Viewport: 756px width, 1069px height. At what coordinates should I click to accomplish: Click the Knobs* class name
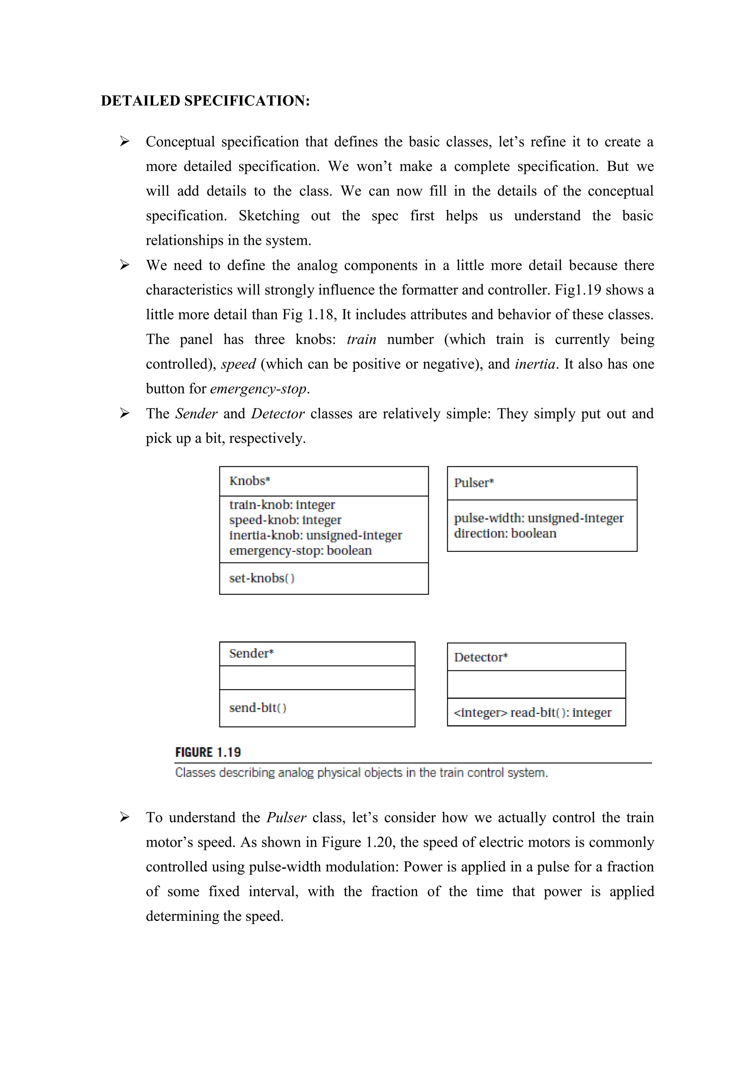pyautogui.click(x=250, y=481)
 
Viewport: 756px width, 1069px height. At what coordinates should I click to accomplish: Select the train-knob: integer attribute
pyautogui.click(x=282, y=505)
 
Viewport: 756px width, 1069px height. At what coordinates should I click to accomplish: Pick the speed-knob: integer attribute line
pyautogui.click(x=285, y=520)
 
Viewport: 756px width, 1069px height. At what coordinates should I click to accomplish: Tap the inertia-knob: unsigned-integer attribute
pyautogui.click(x=315, y=536)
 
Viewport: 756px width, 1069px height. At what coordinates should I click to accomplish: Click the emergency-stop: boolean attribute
pyautogui.click(x=300, y=551)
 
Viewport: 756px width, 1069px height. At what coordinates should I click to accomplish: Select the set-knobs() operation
pyautogui.click(x=262, y=578)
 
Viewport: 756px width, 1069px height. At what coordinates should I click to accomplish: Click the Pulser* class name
pyautogui.click(x=474, y=483)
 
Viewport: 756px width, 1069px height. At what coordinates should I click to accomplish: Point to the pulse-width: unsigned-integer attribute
pyautogui.click(x=538, y=518)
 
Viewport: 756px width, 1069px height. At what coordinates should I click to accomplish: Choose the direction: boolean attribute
pyautogui.click(x=505, y=533)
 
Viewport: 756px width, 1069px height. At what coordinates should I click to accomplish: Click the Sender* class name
pyautogui.click(x=251, y=654)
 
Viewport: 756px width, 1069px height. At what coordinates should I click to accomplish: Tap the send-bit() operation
pyautogui.click(x=257, y=708)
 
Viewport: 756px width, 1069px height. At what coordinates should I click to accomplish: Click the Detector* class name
pyautogui.click(x=480, y=657)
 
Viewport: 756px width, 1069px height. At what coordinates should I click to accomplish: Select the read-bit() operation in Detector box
pyautogui.click(x=532, y=713)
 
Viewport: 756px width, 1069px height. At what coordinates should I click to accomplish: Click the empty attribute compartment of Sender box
pyautogui.click(x=317, y=678)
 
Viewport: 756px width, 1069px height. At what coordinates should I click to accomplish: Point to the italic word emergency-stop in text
pyautogui.click(x=258, y=389)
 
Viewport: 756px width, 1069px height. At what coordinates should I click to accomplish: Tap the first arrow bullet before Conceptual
pyautogui.click(x=124, y=141)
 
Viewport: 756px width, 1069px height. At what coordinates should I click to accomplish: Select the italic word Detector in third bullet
pyautogui.click(x=278, y=413)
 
